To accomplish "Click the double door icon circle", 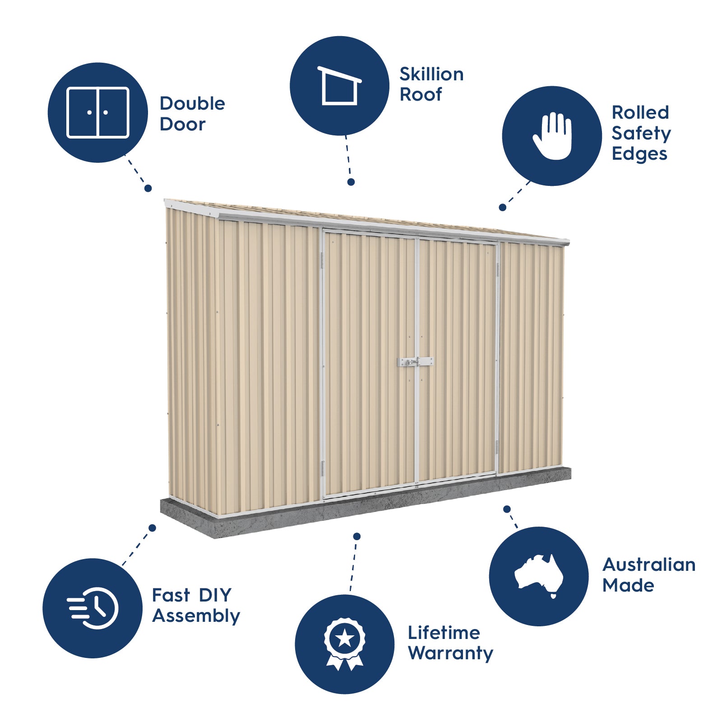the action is click(98, 112).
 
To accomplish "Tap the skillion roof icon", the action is click(340, 86).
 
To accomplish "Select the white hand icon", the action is click(552, 136).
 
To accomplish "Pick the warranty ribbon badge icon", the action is click(345, 644).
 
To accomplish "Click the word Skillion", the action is click(431, 74).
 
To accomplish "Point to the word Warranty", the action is click(450, 653).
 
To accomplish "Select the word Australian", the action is click(649, 565).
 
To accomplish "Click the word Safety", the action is click(641, 134).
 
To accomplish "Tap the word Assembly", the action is click(196, 616).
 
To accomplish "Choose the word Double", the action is click(192, 103).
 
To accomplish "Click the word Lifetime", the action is click(444, 633).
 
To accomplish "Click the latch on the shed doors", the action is click(415, 362).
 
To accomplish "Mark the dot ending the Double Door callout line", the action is click(148, 188).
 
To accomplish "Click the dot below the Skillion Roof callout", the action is click(351, 182).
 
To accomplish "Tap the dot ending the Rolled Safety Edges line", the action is click(502, 208).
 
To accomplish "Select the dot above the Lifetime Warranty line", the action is click(357, 536).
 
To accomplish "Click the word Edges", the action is click(639, 154).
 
